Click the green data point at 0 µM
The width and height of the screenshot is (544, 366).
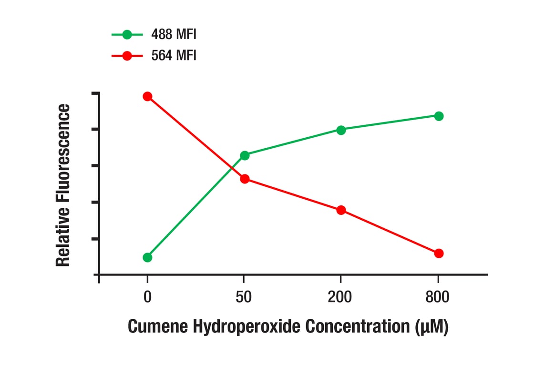point(147,257)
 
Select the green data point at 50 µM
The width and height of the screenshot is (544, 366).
point(245,155)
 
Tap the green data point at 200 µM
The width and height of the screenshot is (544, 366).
point(341,130)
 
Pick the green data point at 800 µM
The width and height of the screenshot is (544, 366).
point(439,116)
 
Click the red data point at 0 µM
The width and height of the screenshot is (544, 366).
point(147,96)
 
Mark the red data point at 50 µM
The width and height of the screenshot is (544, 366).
point(245,179)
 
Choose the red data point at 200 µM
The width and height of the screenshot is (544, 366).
point(341,210)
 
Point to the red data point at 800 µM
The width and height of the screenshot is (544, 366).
point(439,253)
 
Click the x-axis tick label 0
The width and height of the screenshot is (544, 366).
point(147,297)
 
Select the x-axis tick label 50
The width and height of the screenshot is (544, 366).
point(244,297)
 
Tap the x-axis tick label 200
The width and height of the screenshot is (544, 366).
point(340,297)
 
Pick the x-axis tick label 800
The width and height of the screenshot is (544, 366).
point(437,297)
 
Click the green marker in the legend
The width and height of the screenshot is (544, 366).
point(127,34)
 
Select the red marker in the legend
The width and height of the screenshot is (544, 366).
point(127,56)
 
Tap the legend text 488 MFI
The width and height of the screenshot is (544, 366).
point(174,34)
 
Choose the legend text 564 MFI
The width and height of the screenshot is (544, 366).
point(174,56)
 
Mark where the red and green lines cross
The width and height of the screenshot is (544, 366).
point(232,168)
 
